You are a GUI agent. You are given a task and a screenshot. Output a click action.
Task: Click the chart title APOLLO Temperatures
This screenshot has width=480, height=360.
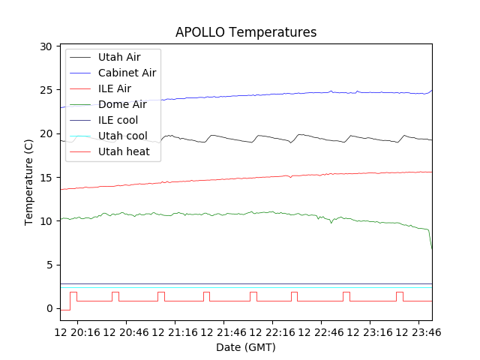coord(246,32)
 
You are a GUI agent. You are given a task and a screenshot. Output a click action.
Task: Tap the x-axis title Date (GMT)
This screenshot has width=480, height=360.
coord(246,347)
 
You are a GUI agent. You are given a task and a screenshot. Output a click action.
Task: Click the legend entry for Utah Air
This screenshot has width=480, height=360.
coord(118,57)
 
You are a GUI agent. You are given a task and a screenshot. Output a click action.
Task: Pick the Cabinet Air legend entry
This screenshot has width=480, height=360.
coord(127,73)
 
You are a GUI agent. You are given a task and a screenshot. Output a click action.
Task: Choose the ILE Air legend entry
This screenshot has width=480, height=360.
coord(115,88)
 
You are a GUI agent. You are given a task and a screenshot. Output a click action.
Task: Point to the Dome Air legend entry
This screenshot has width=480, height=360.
coord(122,104)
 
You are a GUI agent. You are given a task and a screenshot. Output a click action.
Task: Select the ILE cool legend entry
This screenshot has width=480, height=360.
coord(118,120)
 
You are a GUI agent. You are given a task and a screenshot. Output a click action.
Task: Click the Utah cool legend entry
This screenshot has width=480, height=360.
coord(122,136)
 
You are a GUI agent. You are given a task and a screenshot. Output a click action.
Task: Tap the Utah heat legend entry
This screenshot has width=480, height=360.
coord(124,151)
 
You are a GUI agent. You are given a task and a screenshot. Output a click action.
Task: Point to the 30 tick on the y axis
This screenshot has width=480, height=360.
coord(46,46)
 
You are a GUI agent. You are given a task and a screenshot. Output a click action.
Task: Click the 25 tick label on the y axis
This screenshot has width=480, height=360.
coord(46,90)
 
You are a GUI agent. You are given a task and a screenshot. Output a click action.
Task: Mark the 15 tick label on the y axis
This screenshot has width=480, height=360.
coord(46,178)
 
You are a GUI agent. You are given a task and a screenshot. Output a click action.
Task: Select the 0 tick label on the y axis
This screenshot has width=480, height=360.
coord(49,308)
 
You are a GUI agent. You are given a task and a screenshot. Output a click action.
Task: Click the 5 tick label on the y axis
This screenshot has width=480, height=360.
coord(49,265)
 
